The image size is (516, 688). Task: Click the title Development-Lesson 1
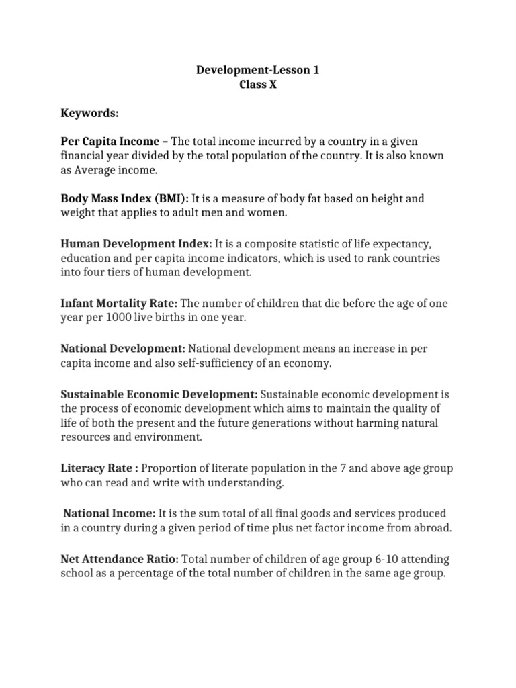[x=258, y=69]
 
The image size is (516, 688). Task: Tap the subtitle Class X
[x=258, y=85]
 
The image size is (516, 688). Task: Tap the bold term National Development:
[x=123, y=349]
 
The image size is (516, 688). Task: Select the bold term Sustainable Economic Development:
[x=159, y=393]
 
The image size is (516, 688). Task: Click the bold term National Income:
[x=110, y=513]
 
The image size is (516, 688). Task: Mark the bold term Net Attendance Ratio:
[x=120, y=559]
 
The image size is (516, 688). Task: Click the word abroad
[x=435, y=528]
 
